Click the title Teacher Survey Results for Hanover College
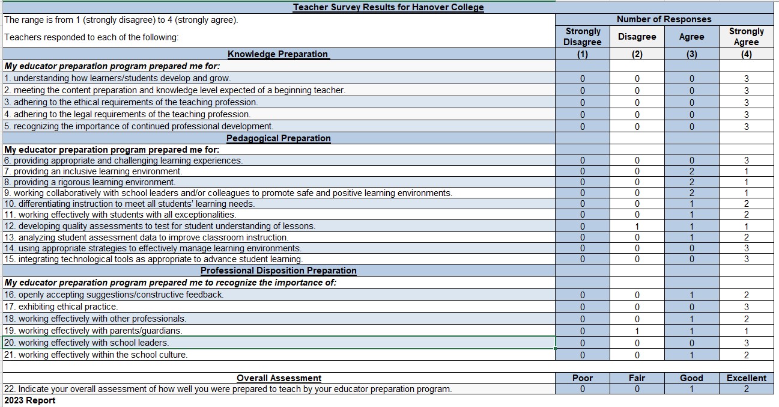388,7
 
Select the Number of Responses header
664,19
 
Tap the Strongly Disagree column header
582,37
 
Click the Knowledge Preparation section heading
277,54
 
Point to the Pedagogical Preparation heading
278,138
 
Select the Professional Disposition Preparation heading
278,271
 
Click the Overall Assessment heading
279,378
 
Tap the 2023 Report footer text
30,400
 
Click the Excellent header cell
746,378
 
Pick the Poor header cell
582,378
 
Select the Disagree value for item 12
637,227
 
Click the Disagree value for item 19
637,331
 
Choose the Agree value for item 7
691,171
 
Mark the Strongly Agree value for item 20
746,343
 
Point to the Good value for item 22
691,389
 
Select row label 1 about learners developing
117,78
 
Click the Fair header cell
637,378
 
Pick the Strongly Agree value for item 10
746,204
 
